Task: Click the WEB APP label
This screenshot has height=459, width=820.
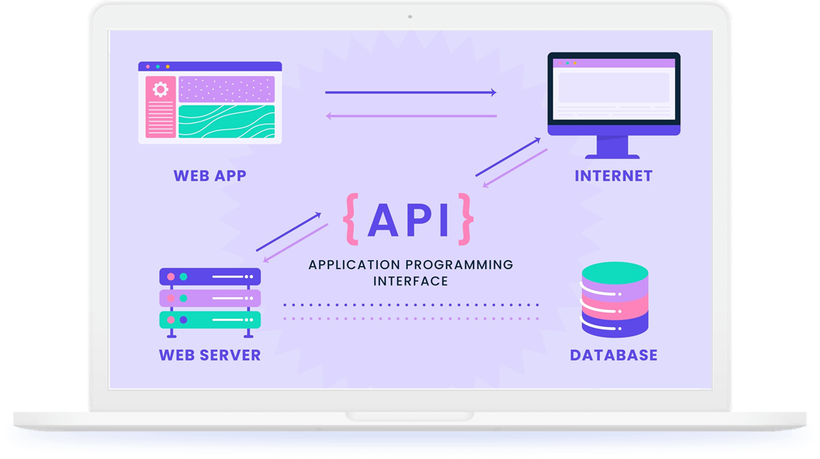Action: [210, 176]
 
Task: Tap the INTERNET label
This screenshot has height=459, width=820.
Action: [613, 176]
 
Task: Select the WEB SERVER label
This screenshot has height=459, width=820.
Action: [210, 356]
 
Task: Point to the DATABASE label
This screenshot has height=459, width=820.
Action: [613, 356]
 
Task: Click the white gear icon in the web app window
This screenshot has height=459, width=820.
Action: [160, 90]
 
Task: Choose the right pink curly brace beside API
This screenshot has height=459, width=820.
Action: [465, 218]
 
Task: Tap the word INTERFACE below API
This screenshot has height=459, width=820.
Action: [411, 280]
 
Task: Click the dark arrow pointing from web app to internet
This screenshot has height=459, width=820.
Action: [410, 93]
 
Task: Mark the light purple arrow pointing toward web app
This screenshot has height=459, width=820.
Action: [410, 116]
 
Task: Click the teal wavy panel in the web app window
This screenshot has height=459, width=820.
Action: [226, 122]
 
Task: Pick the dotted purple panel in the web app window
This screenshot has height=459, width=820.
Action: [226, 89]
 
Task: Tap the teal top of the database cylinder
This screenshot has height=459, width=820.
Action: [615, 272]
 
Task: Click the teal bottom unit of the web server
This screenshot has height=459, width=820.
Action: [210, 320]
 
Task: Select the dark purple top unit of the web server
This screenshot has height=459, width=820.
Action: [210, 277]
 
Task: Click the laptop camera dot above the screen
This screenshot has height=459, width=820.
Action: [410, 16]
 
